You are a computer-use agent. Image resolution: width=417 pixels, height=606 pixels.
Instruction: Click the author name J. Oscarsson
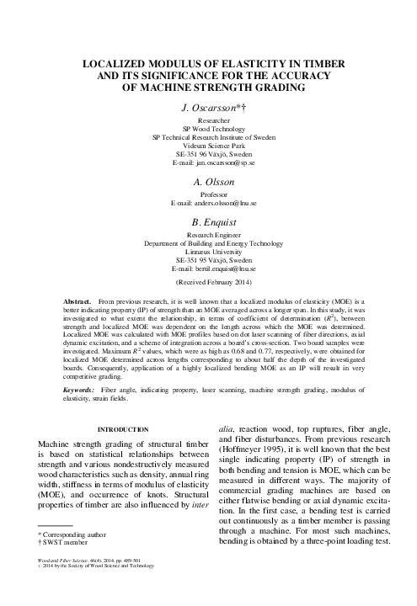pos(208,109)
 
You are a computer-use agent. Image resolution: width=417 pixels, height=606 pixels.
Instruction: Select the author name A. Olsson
pos(208,182)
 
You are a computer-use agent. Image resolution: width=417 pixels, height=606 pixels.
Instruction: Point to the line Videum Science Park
pos(208,144)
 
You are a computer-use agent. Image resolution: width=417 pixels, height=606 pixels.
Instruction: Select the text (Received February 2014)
pos(208,284)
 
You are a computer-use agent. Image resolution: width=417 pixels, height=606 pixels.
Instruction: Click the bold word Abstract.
pos(79,300)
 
